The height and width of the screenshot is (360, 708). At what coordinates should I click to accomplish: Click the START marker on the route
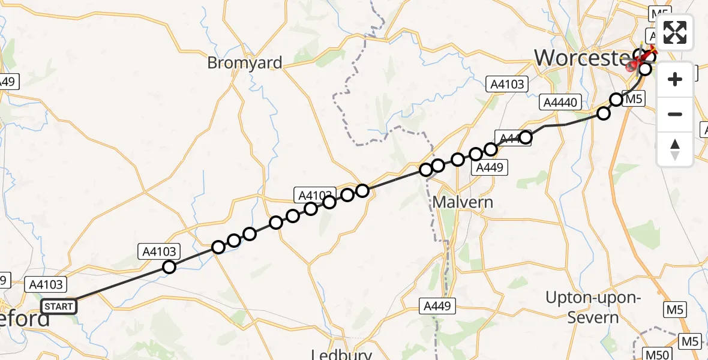(59, 307)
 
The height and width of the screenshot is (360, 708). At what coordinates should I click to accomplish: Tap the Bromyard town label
(244, 62)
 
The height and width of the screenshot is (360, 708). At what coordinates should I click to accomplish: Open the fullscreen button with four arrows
(675, 32)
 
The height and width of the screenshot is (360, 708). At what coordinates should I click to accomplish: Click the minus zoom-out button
(675, 114)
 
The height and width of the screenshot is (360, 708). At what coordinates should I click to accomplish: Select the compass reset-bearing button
(675, 149)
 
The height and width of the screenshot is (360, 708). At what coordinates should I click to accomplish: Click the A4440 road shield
(560, 103)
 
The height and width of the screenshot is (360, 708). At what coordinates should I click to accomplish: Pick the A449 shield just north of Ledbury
(437, 306)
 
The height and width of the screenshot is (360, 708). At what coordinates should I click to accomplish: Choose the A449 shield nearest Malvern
(488, 168)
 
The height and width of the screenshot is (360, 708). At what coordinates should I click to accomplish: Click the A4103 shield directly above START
(46, 284)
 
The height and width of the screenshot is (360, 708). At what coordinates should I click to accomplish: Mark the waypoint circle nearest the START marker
(170, 267)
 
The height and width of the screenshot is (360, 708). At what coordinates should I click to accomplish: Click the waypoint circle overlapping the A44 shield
(525, 137)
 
